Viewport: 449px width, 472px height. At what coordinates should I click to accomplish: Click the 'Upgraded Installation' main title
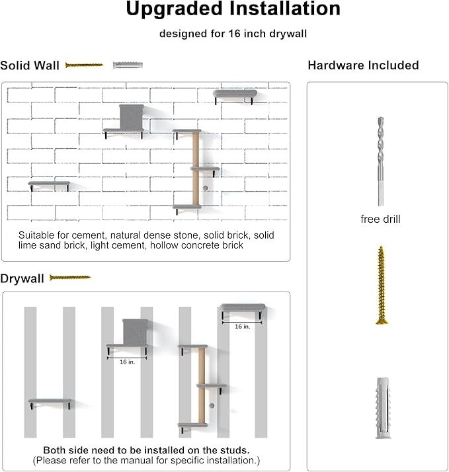point(233,9)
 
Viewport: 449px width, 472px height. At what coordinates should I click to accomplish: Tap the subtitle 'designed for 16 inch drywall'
point(233,34)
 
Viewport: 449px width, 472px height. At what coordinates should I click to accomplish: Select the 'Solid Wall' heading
point(30,65)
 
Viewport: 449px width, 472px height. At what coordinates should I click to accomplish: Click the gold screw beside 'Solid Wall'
point(84,65)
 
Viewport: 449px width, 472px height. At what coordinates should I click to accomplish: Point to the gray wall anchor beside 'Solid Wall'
point(128,65)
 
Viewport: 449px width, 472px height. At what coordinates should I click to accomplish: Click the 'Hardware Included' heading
point(363,65)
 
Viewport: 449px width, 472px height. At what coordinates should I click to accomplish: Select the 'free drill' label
point(380,219)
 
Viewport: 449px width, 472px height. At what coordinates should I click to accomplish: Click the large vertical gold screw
point(381,285)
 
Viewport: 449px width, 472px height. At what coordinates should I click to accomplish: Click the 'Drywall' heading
point(22,278)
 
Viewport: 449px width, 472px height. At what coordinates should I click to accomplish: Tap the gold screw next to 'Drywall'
point(70,278)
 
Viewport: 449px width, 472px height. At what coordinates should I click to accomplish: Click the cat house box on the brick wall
point(132,117)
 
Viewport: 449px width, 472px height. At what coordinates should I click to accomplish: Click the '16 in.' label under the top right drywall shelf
point(242,327)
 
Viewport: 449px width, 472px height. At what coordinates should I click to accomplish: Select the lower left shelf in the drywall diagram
point(50,402)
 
